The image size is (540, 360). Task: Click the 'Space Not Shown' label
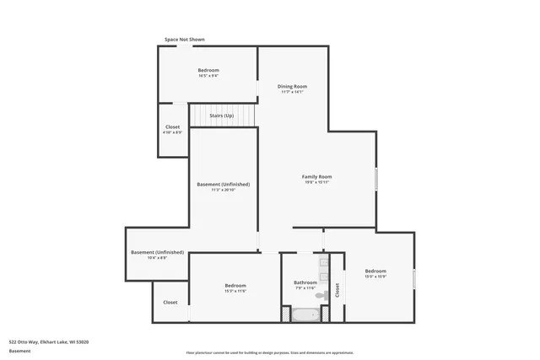184,40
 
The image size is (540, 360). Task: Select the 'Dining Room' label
292,86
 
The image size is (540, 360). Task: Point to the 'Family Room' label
317,176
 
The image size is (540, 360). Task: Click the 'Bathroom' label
305,282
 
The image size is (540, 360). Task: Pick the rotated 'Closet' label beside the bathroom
337,291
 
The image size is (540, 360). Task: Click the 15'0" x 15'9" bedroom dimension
375,277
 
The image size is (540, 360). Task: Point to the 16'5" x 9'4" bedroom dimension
208,76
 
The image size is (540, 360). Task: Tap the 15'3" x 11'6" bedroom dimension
235,291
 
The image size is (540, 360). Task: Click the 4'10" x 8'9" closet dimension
172,132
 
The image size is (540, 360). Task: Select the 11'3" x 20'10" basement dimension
223,190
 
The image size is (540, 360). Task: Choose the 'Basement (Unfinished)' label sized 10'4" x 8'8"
157,252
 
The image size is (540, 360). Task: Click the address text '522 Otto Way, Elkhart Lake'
49,341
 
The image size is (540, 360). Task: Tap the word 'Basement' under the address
20,351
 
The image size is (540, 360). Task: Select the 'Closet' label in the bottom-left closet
170,302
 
